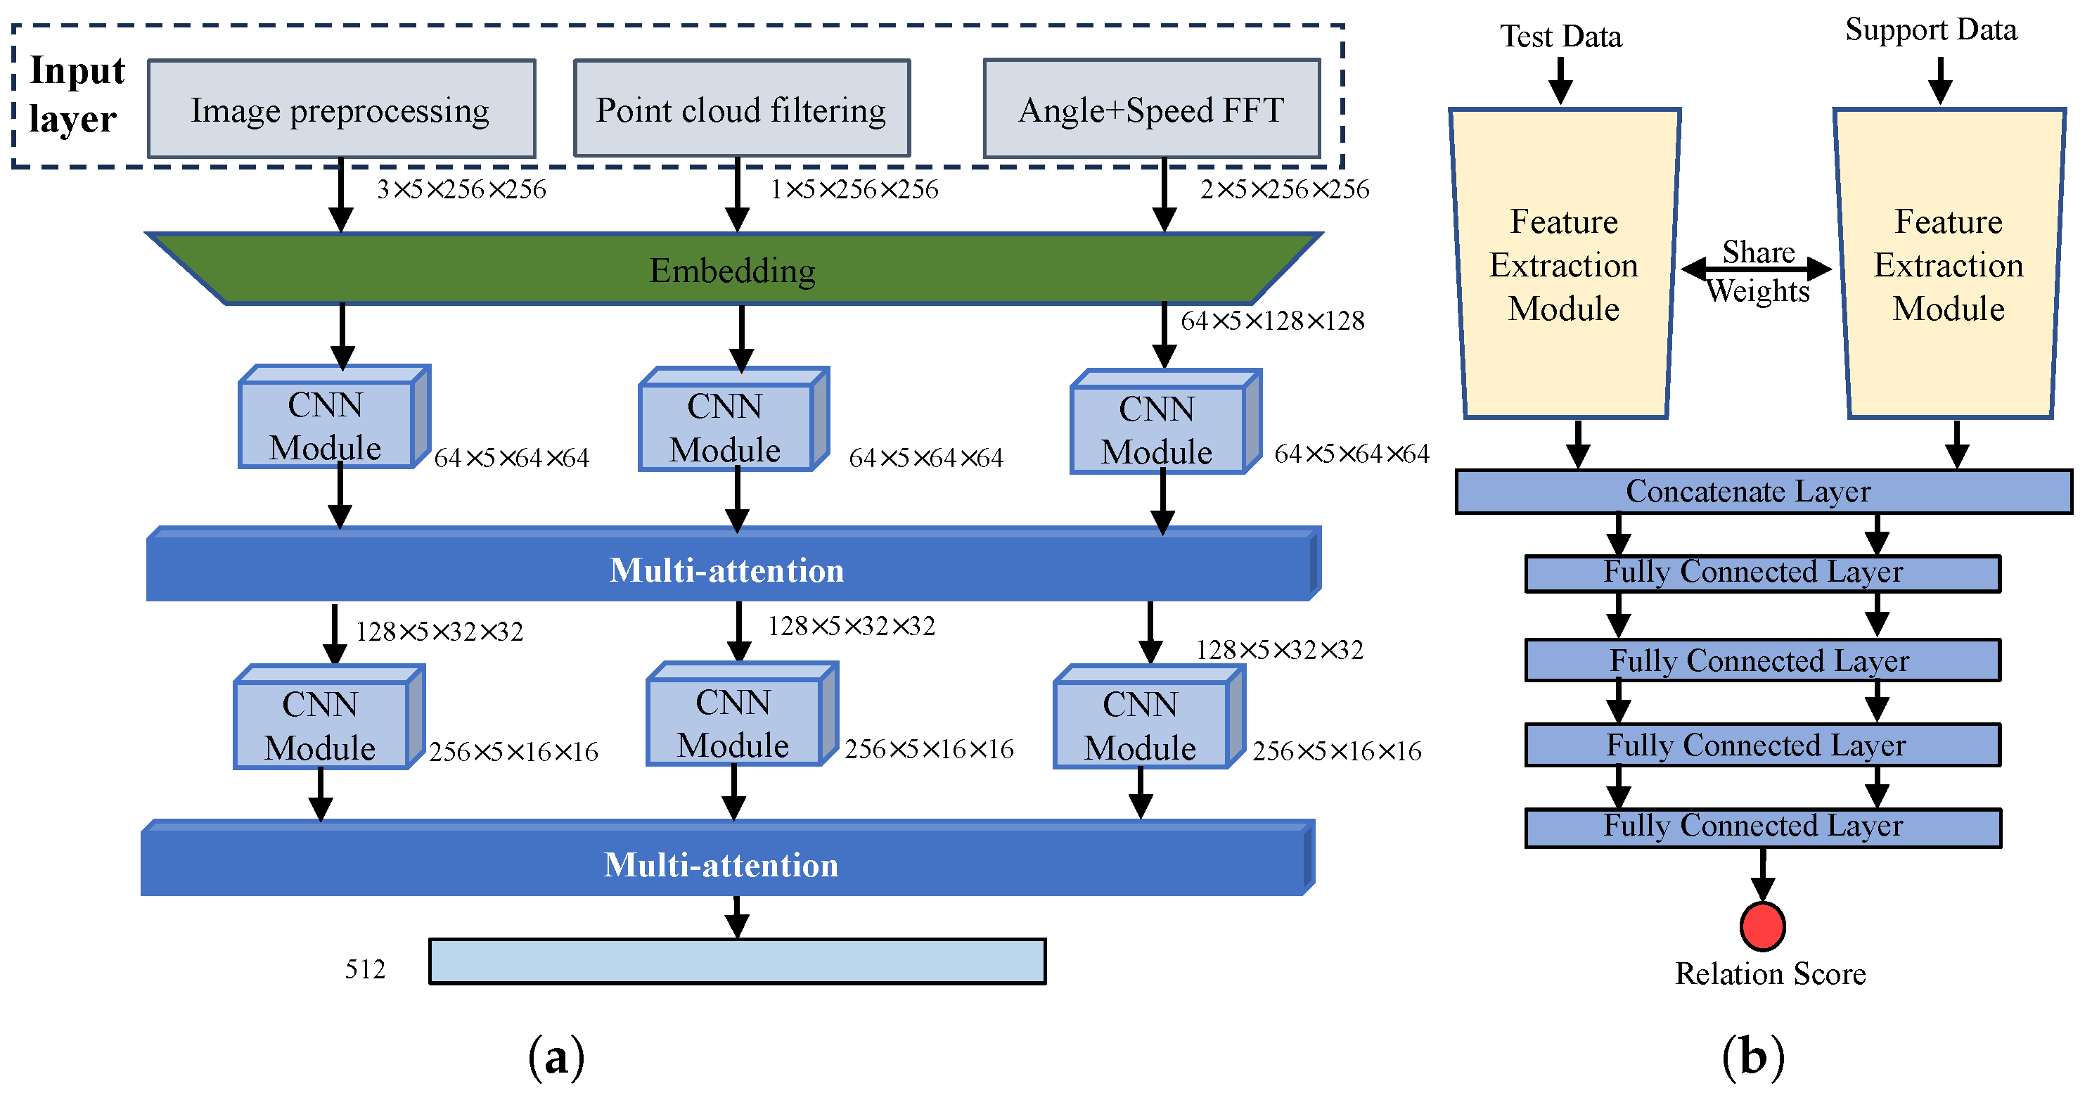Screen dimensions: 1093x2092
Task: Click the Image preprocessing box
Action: point(341,109)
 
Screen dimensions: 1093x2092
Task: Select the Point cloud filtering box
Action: point(741,109)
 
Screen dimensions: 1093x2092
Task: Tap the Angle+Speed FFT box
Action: point(1152,109)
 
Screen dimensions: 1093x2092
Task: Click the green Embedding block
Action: point(733,269)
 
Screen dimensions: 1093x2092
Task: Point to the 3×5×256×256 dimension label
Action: point(461,189)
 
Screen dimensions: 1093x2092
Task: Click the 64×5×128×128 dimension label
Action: point(1273,321)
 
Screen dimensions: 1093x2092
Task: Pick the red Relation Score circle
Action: point(1762,926)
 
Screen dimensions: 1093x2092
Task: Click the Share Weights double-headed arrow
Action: point(1756,269)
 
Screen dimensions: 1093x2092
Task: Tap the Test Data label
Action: point(1561,37)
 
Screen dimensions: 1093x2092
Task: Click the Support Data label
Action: point(1931,30)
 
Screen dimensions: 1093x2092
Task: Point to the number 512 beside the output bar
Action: point(366,969)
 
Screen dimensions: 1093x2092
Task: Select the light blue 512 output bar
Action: point(738,961)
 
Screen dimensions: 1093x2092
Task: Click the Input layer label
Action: point(77,95)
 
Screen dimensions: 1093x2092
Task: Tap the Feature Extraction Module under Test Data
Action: point(1564,264)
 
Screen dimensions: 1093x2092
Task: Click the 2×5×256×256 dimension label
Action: point(1285,189)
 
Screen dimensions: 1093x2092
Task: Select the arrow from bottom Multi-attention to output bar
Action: point(736,918)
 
